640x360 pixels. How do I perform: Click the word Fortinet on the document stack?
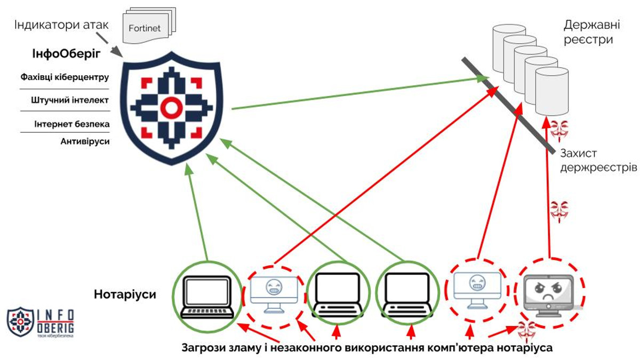pos(145,28)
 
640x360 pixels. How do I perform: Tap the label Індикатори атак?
pos(61,25)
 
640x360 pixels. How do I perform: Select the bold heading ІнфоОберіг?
pos(66,54)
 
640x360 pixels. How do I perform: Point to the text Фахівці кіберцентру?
pos(65,77)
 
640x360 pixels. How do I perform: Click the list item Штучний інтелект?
pos(70,100)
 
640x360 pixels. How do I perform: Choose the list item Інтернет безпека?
pos(72,124)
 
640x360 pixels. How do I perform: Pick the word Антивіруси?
pos(85,141)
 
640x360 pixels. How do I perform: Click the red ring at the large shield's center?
pos(171,108)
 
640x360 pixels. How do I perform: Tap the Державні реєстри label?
pos(591,32)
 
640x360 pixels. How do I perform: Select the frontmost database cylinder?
pos(551,91)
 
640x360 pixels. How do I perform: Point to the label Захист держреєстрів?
pos(598,161)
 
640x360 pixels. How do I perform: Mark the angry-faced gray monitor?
pos(549,295)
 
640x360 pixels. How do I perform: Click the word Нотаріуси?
pos(125,294)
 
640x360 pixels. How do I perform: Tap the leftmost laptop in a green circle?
pos(207,297)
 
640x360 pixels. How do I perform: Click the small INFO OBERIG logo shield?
pos(20,322)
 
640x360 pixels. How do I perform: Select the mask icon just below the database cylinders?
pos(559,131)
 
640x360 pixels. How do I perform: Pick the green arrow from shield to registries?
pos(360,93)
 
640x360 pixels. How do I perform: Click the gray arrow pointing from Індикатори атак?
pos(109,45)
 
